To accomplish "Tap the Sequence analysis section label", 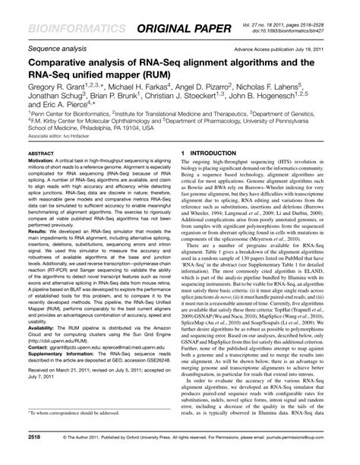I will [53, 46].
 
